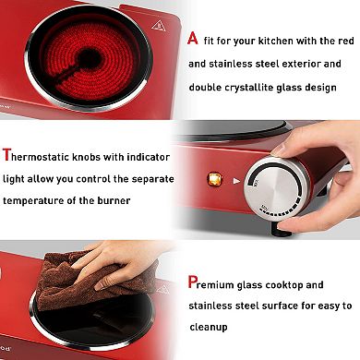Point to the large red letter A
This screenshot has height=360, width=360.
(x=192, y=38)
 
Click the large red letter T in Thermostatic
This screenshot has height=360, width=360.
(x=8, y=157)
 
